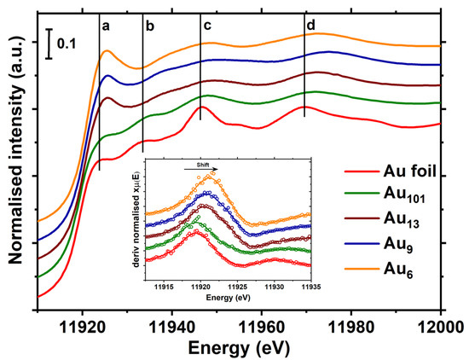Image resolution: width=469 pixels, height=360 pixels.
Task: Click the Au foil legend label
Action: (x=404, y=172)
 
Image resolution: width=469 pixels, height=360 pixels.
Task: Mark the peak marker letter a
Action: (x=107, y=26)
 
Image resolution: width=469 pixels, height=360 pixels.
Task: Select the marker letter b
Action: (x=150, y=26)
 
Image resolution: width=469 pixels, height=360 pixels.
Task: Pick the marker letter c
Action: (x=207, y=26)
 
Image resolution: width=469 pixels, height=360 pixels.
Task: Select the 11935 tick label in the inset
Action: (x=310, y=287)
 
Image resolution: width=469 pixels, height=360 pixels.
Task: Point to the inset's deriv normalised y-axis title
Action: (x=137, y=226)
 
